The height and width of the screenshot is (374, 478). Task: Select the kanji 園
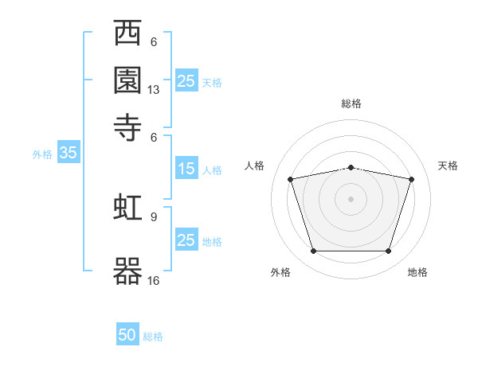pyautogui.click(x=128, y=80)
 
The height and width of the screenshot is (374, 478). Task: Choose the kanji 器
pyautogui.click(x=128, y=271)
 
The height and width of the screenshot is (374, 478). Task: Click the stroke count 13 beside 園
pyautogui.click(x=154, y=90)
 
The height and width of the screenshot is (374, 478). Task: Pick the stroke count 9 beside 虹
pyautogui.click(x=154, y=216)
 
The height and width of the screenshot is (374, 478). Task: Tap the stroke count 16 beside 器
pyautogui.click(x=154, y=280)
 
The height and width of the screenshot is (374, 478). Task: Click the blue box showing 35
pyautogui.click(x=68, y=154)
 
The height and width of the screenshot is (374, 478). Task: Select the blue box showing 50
pyautogui.click(x=127, y=335)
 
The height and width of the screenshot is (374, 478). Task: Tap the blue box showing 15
pyautogui.click(x=186, y=169)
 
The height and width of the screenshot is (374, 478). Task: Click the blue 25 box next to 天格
pyautogui.click(x=186, y=81)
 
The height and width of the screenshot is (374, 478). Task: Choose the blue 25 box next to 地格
pyautogui.click(x=186, y=240)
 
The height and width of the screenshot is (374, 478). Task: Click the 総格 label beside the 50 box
pyautogui.click(x=153, y=337)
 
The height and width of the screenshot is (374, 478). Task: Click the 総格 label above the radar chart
pyautogui.click(x=351, y=103)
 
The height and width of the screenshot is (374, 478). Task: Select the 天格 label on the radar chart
pyautogui.click(x=448, y=166)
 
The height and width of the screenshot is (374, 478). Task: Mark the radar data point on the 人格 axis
pyautogui.click(x=291, y=179)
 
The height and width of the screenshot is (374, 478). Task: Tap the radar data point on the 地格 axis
pyautogui.click(x=388, y=251)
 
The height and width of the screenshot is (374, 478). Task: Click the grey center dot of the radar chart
pyautogui.click(x=351, y=199)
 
